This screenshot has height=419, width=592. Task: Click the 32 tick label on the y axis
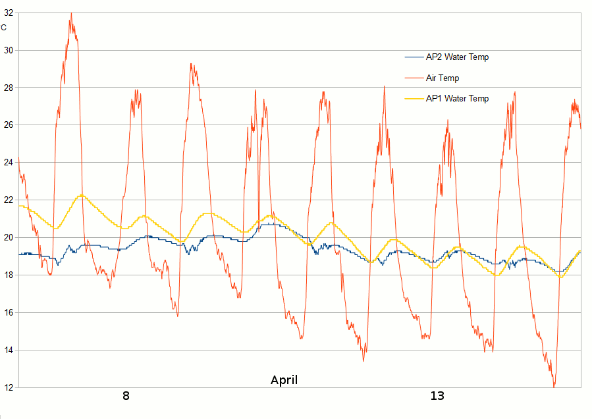pyautogui.click(x=8, y=13)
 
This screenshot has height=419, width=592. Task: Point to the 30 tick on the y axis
pyautogui.click(x=8, y=50)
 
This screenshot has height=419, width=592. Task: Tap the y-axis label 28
pyautogui.click(x=8, y=88)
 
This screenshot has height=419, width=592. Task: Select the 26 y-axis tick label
pyautogui.click(x=8, y=125)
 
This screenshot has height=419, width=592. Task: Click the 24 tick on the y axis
pyautogui.click(x=8, y=163)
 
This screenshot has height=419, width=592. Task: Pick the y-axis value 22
pyautogui.click(x=8, y=200)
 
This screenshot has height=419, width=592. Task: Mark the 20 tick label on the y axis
pyautogui.click(x=8, y=238)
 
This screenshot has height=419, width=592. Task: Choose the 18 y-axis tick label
pyautogui.click(x=8, y=275)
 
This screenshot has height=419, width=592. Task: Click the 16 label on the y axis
pyautogui.click(x=8, y=313)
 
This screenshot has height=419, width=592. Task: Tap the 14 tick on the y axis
pyautogui.click(x=8, y=350)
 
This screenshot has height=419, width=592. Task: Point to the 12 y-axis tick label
pyautogui.click(x=8, y=387)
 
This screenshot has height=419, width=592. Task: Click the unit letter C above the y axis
pyautogui.click(x=4, y=27)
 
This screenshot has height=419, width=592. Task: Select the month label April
pyautogui.click(x=284, y=380)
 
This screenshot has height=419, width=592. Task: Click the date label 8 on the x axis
pyautogui.click(x=126, y=396)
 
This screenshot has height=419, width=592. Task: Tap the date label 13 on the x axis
pyautogui.click(x=437, y=396)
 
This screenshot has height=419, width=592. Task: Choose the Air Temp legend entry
pyautogui.click(x=443, y=78)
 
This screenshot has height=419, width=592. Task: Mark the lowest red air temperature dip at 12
pyautogui.click(x=554, y=386)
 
